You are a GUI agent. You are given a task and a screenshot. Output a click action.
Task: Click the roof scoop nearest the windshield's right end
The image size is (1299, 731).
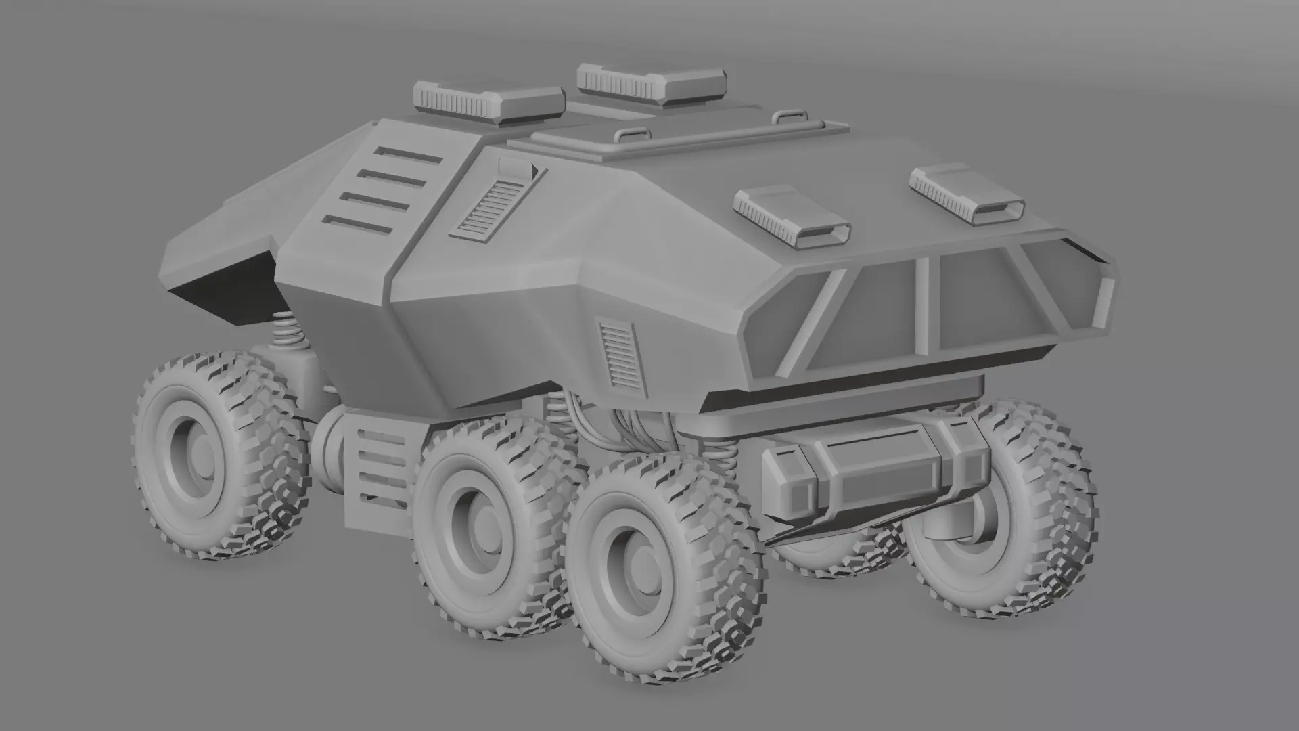(967, 196)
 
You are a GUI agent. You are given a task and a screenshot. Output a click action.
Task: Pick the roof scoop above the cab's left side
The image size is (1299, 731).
(792, 215)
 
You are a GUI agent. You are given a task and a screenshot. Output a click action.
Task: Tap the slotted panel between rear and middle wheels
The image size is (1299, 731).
(378, 468)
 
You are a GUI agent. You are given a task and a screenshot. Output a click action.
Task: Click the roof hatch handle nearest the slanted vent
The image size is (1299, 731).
(629, 135)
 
